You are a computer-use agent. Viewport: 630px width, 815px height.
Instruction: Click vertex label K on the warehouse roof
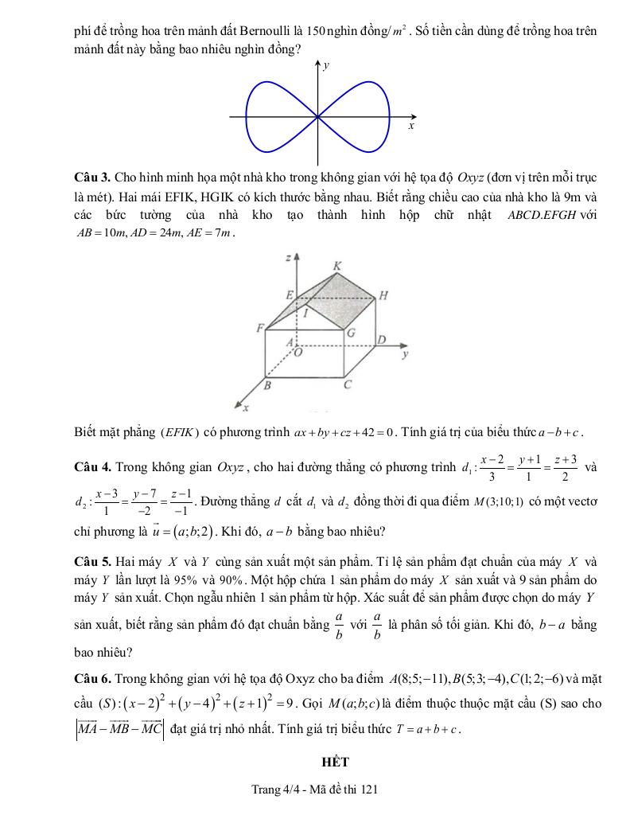336,265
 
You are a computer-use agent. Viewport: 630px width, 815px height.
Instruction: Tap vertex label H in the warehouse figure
383,296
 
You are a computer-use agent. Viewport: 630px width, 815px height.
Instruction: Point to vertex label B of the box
267,386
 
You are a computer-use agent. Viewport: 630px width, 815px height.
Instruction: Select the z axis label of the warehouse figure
287,259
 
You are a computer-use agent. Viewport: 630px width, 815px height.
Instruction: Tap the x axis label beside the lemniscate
411,127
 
